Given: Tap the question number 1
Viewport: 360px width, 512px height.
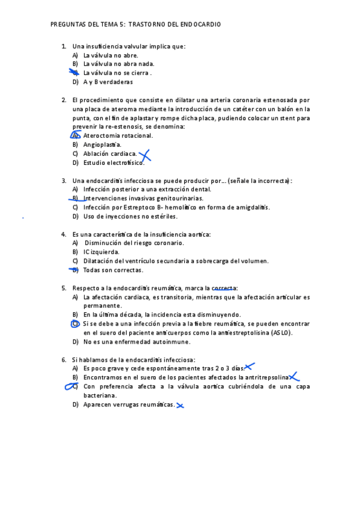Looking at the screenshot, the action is (63, 46).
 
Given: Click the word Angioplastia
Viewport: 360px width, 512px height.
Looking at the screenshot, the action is (102, 145).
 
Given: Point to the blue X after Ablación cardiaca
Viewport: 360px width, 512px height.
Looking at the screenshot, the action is (144, 156).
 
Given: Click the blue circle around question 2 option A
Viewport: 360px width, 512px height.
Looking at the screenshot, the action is (76, 135).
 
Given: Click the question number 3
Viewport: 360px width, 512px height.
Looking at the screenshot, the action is (63, 181).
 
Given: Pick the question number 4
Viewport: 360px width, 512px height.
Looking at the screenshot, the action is (63, 234).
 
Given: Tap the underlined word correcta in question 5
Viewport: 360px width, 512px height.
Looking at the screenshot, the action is (224, 289).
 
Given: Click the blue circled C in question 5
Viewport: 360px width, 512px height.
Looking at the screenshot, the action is (75, 324).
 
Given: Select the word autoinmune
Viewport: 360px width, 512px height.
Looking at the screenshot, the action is (171, 342).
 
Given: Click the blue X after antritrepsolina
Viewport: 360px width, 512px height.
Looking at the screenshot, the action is (294, 377).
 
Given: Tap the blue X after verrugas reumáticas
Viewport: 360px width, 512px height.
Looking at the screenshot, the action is (179, 405).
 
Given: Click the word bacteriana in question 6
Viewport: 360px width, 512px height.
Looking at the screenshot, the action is (100, 395).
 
